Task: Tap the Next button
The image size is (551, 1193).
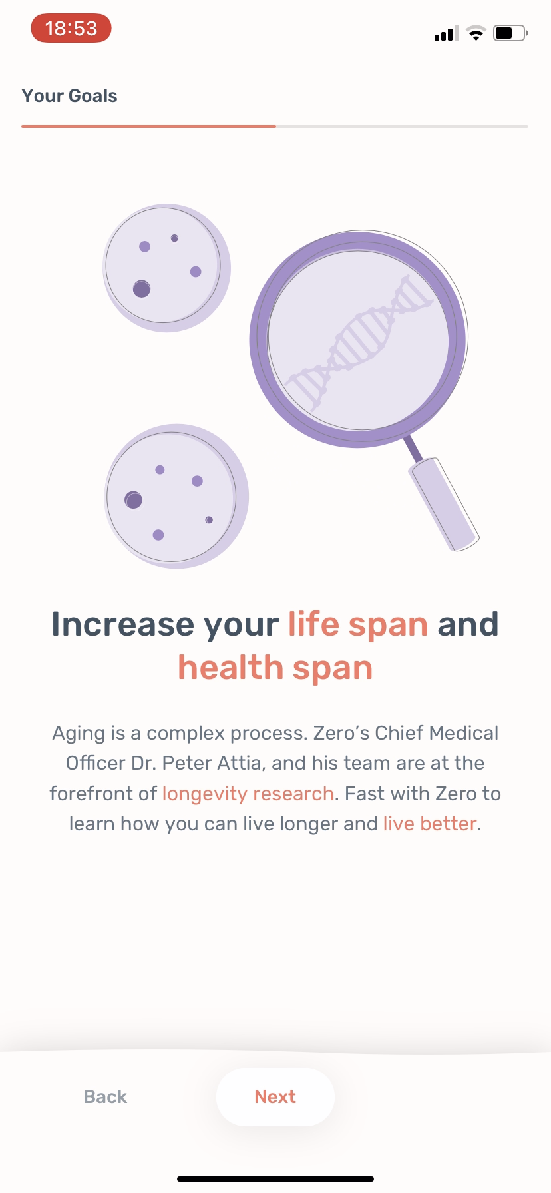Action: pos(275,1096)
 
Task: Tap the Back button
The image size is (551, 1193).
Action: pos(105,1096)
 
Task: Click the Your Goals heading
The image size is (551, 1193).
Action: pos(70,96)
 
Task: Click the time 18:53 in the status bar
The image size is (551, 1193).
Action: pos(71,28)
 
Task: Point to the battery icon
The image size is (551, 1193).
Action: pos(510,33)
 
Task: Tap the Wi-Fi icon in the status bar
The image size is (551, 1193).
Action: pos(476,33)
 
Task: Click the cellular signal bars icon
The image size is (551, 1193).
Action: pos(447,33)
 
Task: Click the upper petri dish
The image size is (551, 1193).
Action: pos(166,268)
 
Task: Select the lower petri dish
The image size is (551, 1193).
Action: pos(176,496)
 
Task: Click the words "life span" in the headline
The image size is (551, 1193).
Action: pos(358,624)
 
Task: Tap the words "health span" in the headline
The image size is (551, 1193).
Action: pos(275,668)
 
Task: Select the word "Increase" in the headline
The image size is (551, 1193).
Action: pos(123,624)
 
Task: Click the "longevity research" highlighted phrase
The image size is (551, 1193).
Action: pos(248,794)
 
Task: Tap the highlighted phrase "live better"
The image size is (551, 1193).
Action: pos(430,824)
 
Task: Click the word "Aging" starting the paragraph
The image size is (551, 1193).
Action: pos(79,734)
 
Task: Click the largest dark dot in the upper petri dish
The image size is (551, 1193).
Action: pos(142,288)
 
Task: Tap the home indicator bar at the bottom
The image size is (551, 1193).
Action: pos(275,1179)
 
